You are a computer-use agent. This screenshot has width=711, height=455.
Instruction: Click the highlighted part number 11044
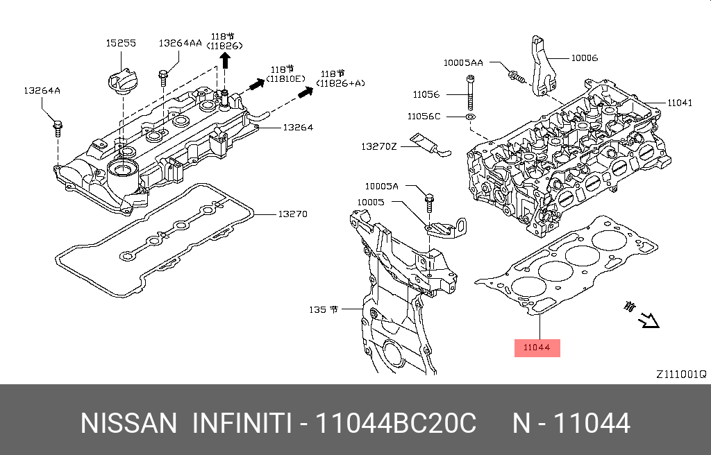[x=536, y=347]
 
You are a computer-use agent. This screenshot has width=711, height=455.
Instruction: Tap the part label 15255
[x=121, y=43]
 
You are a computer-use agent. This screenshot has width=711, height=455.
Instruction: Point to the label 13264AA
[x=180, y=43]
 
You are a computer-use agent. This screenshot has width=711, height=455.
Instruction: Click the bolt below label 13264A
[x=56, y=128]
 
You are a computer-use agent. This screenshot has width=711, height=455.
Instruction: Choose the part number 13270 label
[x=292, y=214]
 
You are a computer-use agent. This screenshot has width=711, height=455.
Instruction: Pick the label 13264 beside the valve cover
[x=297, y=127]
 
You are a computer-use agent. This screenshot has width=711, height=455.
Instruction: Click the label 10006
[x=584, y=58]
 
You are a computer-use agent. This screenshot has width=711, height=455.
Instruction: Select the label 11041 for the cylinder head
[x=680, y=103]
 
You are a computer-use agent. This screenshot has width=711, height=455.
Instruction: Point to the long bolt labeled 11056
[x=470, y=95]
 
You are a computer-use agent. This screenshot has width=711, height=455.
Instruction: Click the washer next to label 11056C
[x=470, y=117]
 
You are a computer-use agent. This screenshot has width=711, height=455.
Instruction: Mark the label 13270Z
[x=378, y=146]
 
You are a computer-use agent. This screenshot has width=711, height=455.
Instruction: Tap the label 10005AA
[x=463, y=63]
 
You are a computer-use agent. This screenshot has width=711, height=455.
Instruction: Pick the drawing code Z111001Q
[x=680, y=374]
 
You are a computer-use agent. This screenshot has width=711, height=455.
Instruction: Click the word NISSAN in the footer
[x=128, y=423]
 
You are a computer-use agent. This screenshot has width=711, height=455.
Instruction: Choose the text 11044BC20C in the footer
[x=396, y=423]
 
